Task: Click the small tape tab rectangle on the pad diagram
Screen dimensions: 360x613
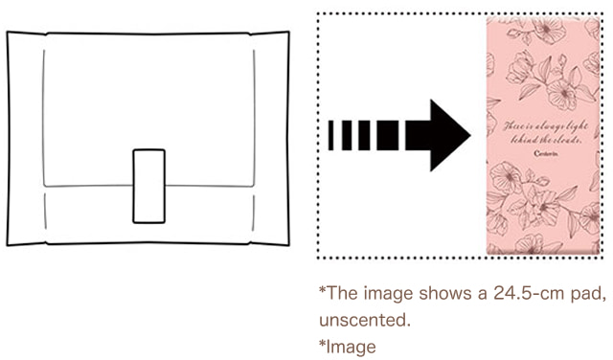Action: pos(148,186)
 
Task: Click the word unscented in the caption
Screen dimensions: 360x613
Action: pos(359,318)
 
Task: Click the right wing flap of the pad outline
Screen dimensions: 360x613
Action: pos(272,139)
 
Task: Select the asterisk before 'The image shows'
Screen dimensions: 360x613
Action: pos(322,289)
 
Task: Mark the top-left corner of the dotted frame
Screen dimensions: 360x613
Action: pos(319,14)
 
